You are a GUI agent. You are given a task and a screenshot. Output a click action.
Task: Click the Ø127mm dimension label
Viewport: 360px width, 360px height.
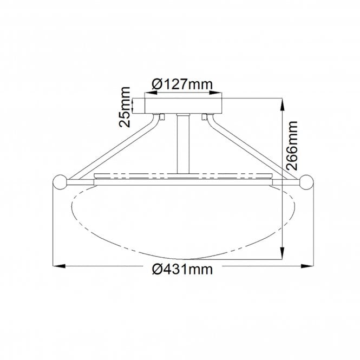[182, 84]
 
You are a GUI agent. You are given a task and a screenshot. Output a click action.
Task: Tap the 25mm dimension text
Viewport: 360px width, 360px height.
[125, 106]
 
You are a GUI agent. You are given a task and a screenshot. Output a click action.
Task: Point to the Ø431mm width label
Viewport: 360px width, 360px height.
[182, 269]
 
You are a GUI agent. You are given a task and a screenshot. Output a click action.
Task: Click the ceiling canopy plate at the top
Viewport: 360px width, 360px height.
[183, 104]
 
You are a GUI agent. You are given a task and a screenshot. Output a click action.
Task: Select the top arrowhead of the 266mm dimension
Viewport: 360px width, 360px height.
[282, 102]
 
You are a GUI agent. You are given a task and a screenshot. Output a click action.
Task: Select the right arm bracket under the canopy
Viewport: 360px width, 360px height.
[205, 115]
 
